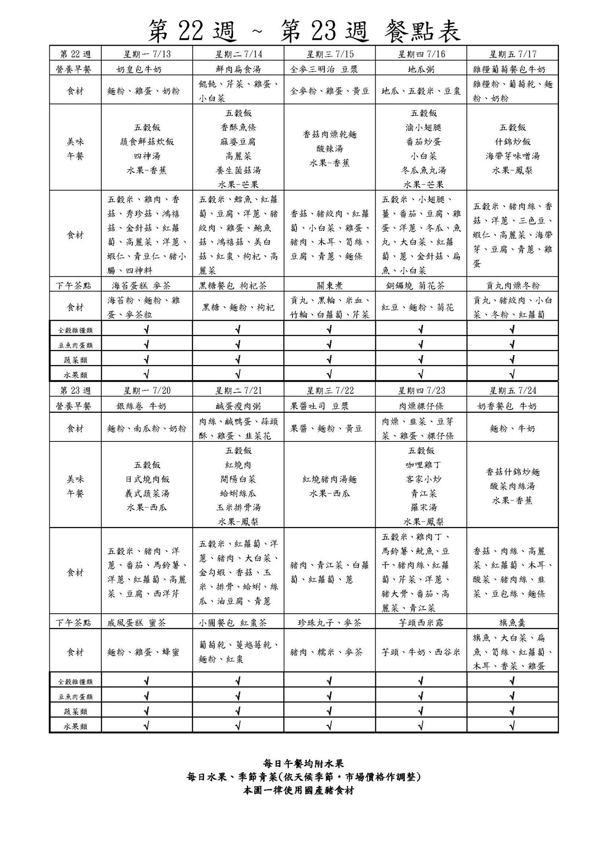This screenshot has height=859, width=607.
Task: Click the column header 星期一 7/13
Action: [x=147, y=54]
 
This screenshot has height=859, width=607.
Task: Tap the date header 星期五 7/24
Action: [x=512, y=391]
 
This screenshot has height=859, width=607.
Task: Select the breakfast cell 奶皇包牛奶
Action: [x=139, y=70]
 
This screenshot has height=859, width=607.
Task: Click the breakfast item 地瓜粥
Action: [x=421, y=70]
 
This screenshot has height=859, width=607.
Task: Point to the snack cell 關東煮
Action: [x=330, y=286]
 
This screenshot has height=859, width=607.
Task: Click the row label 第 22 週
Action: [x=75, y=54]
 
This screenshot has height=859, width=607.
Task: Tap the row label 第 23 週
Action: [x=75, y=391]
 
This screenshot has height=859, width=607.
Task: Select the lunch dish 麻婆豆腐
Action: [x=238, y=142]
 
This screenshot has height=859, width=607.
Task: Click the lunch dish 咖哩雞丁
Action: [x=421, y=465]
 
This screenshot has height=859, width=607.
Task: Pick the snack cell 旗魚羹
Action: [x=512, y=622]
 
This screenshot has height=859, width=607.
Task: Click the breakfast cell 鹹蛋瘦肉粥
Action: [x=238, y=406]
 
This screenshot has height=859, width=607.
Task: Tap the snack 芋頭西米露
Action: [x=421, y=622]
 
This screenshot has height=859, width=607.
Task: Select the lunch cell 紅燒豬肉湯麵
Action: [x=330, y=479]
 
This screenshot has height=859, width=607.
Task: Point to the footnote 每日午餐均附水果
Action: [x=304, y=763]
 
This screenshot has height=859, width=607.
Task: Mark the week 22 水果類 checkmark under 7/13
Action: [x=147, y=374]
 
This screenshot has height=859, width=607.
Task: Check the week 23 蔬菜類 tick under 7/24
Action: [x=512, y=711]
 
